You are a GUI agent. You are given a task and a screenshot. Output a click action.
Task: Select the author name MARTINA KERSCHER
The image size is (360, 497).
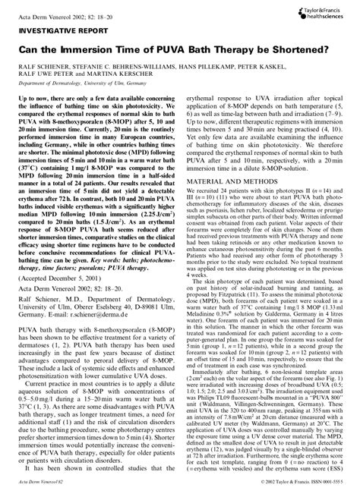tap(106, 77)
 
